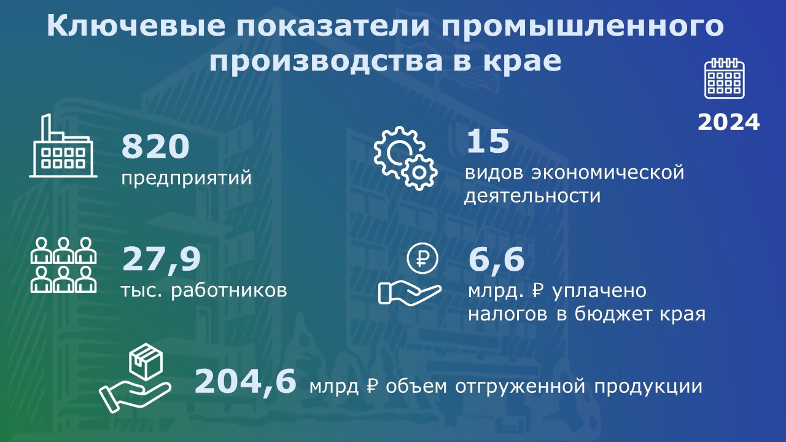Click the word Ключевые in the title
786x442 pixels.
coord(136,26)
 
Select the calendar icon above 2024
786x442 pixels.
coord(725,78)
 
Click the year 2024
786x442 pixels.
coord(728,122)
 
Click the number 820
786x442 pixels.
coord(155,146)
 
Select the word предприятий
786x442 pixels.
coord(186,178)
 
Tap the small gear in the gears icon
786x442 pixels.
coord(419,173)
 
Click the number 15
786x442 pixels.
coord(488,141)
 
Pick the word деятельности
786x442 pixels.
coord(532,196)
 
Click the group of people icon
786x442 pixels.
coord(63,265)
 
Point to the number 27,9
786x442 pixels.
coord(161,260)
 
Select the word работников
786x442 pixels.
coord(229,290)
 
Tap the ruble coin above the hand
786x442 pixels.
coord(422,258)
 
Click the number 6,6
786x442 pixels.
coord(496,259)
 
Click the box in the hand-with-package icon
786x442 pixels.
coord(146,362)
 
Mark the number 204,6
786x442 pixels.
coord(245,382)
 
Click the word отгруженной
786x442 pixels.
coord(520,386)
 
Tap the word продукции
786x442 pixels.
coord(648,387)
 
